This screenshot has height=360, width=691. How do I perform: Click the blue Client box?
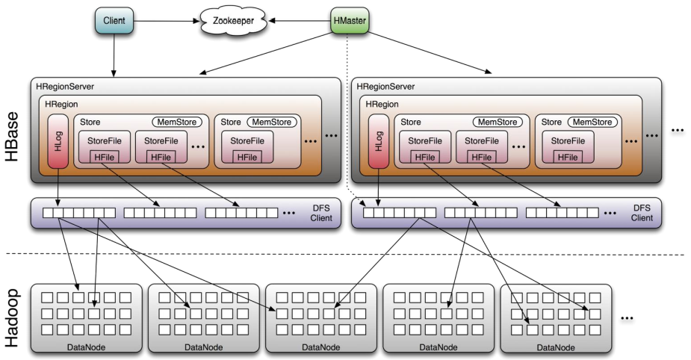pos(114,21)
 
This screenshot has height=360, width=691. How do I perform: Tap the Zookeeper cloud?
pos(234,21)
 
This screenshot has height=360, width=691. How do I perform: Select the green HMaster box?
pos(350,20)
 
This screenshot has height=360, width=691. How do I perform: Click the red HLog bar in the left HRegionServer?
pos(58,141)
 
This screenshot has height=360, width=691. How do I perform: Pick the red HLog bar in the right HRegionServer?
pos(379,141)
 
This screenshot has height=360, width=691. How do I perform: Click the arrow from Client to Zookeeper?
pos(167,21)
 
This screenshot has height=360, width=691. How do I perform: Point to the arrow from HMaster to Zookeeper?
pos(300,20)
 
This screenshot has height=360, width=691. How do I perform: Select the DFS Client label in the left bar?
pos(320,213)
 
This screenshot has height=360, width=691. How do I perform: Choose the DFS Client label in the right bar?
pos(641,213)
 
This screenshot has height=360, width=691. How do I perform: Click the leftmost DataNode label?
pos(87,347)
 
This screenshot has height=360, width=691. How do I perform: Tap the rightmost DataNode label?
pos(556,347)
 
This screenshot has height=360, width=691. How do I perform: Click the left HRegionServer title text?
pos(65,87)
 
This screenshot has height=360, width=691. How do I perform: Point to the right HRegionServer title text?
pos(385,87)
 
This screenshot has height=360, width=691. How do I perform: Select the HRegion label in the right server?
pos(382,105)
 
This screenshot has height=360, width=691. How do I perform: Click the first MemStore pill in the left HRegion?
pos(177,122)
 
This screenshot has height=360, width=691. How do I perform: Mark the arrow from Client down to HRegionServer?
pos(114,55)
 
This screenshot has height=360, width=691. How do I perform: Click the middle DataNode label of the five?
pos(320,347)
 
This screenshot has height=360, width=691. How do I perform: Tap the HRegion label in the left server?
pos(61,105)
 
